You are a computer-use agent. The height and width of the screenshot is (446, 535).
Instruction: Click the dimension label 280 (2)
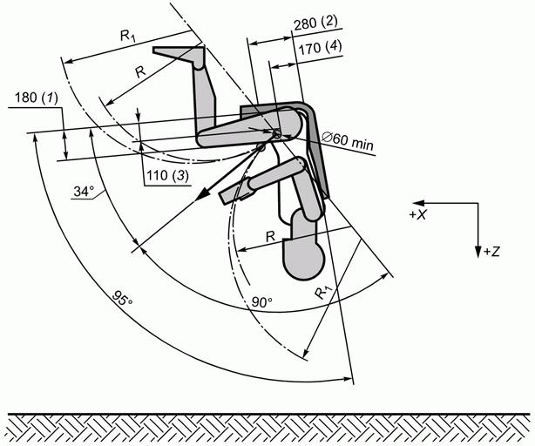[x=316, y=24]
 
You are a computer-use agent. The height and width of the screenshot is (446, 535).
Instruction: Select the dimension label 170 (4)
[x=320, y=48]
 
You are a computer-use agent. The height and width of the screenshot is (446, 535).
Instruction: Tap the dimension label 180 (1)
[x=37, y=98]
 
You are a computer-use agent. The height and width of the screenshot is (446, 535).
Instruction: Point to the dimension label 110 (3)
[x=167, y=176]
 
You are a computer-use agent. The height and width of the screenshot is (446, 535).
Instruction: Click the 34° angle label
[x=84, y=192]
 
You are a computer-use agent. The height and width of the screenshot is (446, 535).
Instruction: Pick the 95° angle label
[x=122, y=299]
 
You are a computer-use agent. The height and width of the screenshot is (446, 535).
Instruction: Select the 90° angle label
[x=262, y=301]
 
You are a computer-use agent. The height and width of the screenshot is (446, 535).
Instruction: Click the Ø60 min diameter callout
[x=348, y=142]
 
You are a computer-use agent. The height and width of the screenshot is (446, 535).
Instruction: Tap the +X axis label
[x=418, y=214]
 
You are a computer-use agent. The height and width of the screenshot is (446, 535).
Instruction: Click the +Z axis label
[x=491, y=252]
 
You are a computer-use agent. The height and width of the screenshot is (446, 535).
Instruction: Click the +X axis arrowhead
[x=418, y=203]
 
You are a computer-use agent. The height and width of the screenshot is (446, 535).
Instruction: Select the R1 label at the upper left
[x=127, y=36]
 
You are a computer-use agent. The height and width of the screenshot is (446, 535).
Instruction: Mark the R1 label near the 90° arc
[x=322, y=292]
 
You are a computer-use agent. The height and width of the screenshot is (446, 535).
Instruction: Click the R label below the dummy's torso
[x=270, y=236]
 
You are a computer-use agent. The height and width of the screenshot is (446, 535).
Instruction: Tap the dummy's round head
[x=303, y=259]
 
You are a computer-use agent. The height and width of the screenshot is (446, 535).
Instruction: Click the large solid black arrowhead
[x=204, y=193]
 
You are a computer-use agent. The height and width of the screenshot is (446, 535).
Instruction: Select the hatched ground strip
[x=267, y=429]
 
